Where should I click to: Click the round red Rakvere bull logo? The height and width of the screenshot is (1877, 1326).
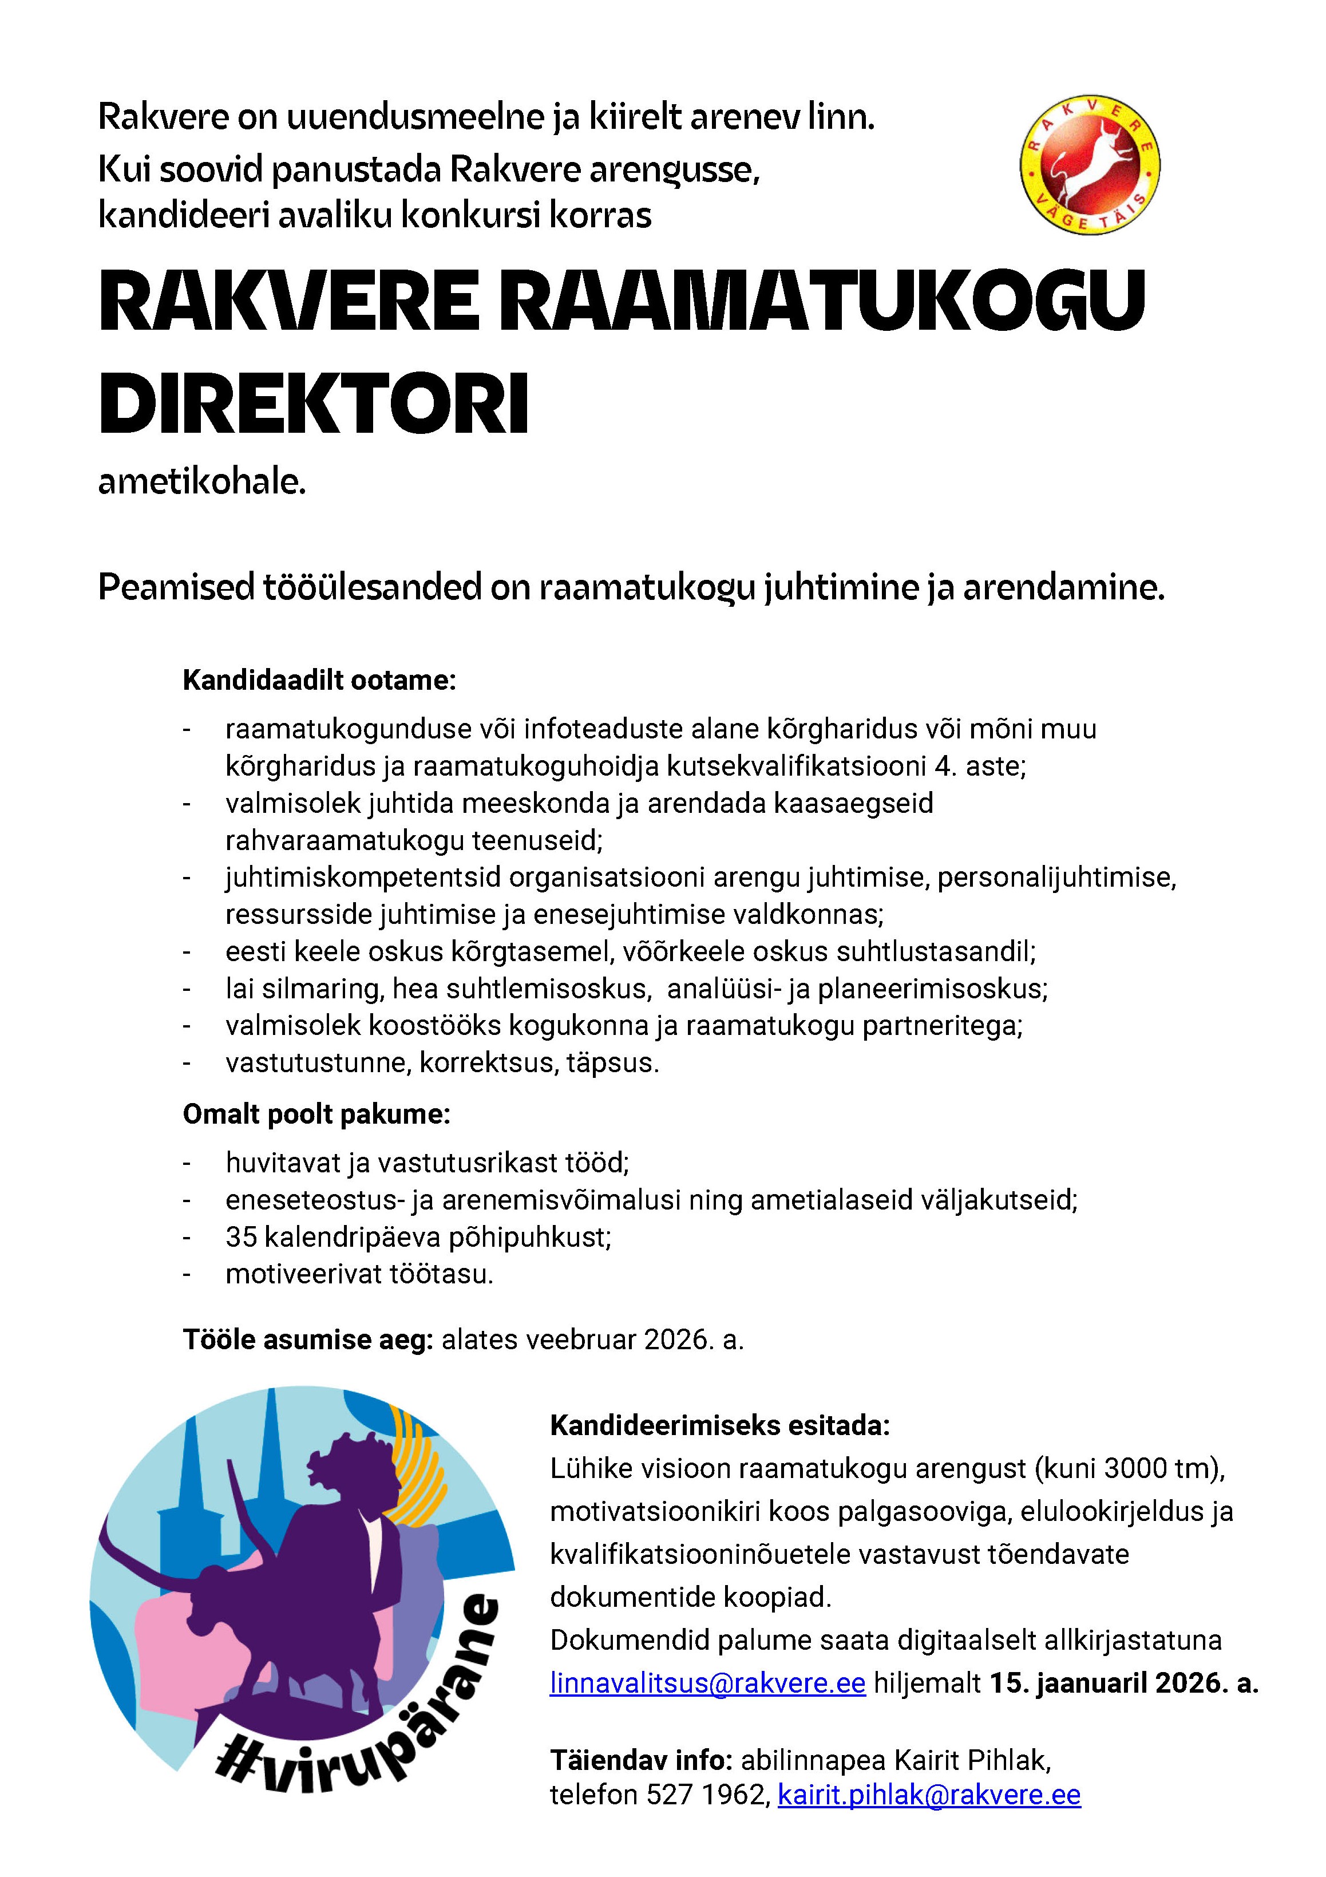pos(1090,167)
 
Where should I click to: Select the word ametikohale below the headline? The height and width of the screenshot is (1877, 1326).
pos(202,483)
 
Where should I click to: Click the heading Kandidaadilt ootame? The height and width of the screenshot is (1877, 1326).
pos(319,680)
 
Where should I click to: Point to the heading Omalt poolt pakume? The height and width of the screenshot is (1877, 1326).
pos(316,1115)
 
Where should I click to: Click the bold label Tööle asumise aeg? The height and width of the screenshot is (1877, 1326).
pos(307,1340)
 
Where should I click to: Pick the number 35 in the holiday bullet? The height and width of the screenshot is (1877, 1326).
pos(241,1237)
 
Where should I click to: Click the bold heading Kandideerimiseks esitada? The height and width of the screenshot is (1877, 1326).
pos(719,1426)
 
